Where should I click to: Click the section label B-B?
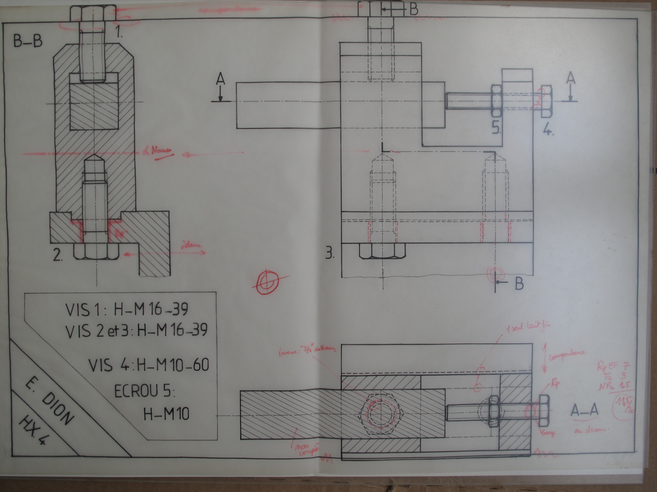28,42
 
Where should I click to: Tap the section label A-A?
584,410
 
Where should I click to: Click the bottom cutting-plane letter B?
519,284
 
